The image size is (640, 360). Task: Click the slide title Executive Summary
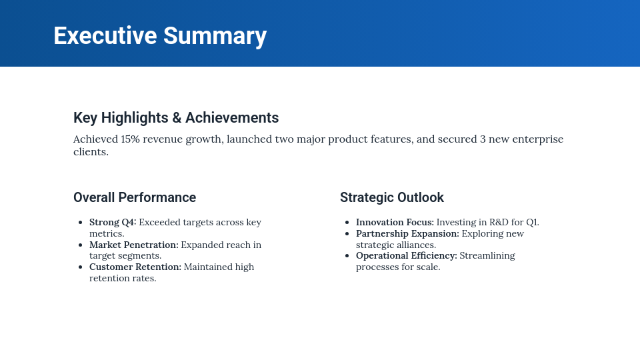pyautogui.click(x=160, y=35)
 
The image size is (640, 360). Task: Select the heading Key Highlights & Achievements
pyautogui.click(x=176, y=118)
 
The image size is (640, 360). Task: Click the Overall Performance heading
pyautogui.click(x=135, y=197)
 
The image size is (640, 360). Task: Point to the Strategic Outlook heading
pyautogui.click(x=392, y=197)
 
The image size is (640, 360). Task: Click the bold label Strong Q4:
pyautogui.click(x=113, y=222)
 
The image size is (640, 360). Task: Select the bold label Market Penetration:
pyautogui.click(x=134, y=245)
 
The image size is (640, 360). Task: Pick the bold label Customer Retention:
pyautogui.click(x=135, y=267)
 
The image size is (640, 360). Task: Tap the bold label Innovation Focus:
pyautogui.click(x=395, y=222)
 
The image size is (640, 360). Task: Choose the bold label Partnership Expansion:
pyautogui.click(x=407, y=233)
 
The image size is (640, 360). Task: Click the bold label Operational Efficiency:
pyautogui.click(x=406, y=255)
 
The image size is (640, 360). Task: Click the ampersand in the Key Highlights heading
pyautogui.click(x=177, y=118)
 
